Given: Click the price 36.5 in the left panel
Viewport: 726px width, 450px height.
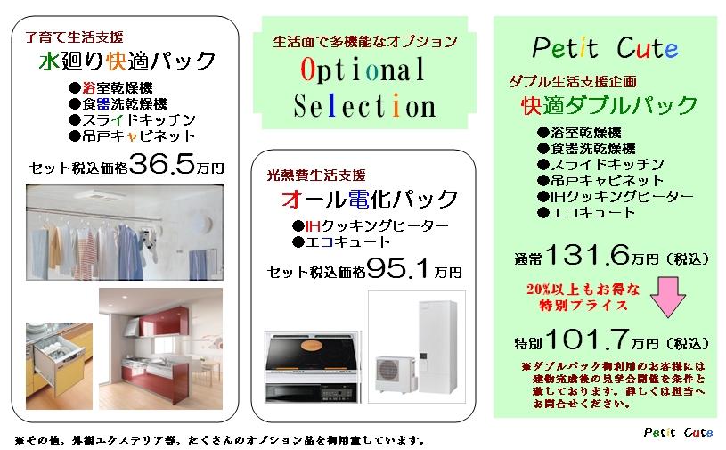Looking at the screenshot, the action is tap(162, 164).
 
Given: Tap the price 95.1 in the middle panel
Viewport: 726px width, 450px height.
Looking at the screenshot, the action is tap(398, 267).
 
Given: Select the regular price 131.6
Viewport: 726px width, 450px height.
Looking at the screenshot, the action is tap(588, 255).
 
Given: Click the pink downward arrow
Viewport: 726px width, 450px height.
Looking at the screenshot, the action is tap(668, 297).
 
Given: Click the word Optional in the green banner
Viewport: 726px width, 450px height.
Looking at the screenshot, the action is tap(363, 70).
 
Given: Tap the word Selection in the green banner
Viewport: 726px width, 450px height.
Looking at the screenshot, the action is tap(365, 105).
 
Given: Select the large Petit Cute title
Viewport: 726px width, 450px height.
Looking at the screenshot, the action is tap(605, 47).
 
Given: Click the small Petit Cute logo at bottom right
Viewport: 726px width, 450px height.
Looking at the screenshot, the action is tap(678, 432).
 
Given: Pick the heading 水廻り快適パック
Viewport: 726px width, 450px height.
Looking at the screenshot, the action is tap(126, 61).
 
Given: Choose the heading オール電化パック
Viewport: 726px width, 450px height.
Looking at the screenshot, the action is tap(369, 199).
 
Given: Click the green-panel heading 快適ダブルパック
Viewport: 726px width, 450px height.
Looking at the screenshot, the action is tap(608, 105).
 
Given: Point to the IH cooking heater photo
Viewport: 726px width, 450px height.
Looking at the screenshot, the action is tap(312, 367).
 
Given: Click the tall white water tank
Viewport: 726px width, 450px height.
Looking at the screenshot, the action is tap(437, 346).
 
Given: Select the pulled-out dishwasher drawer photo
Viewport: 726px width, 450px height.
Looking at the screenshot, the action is tap(59, 365).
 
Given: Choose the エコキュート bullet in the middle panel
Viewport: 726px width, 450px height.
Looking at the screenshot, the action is tap(341, 241).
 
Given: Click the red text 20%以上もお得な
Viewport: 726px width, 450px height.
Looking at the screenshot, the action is tap(583, 290).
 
